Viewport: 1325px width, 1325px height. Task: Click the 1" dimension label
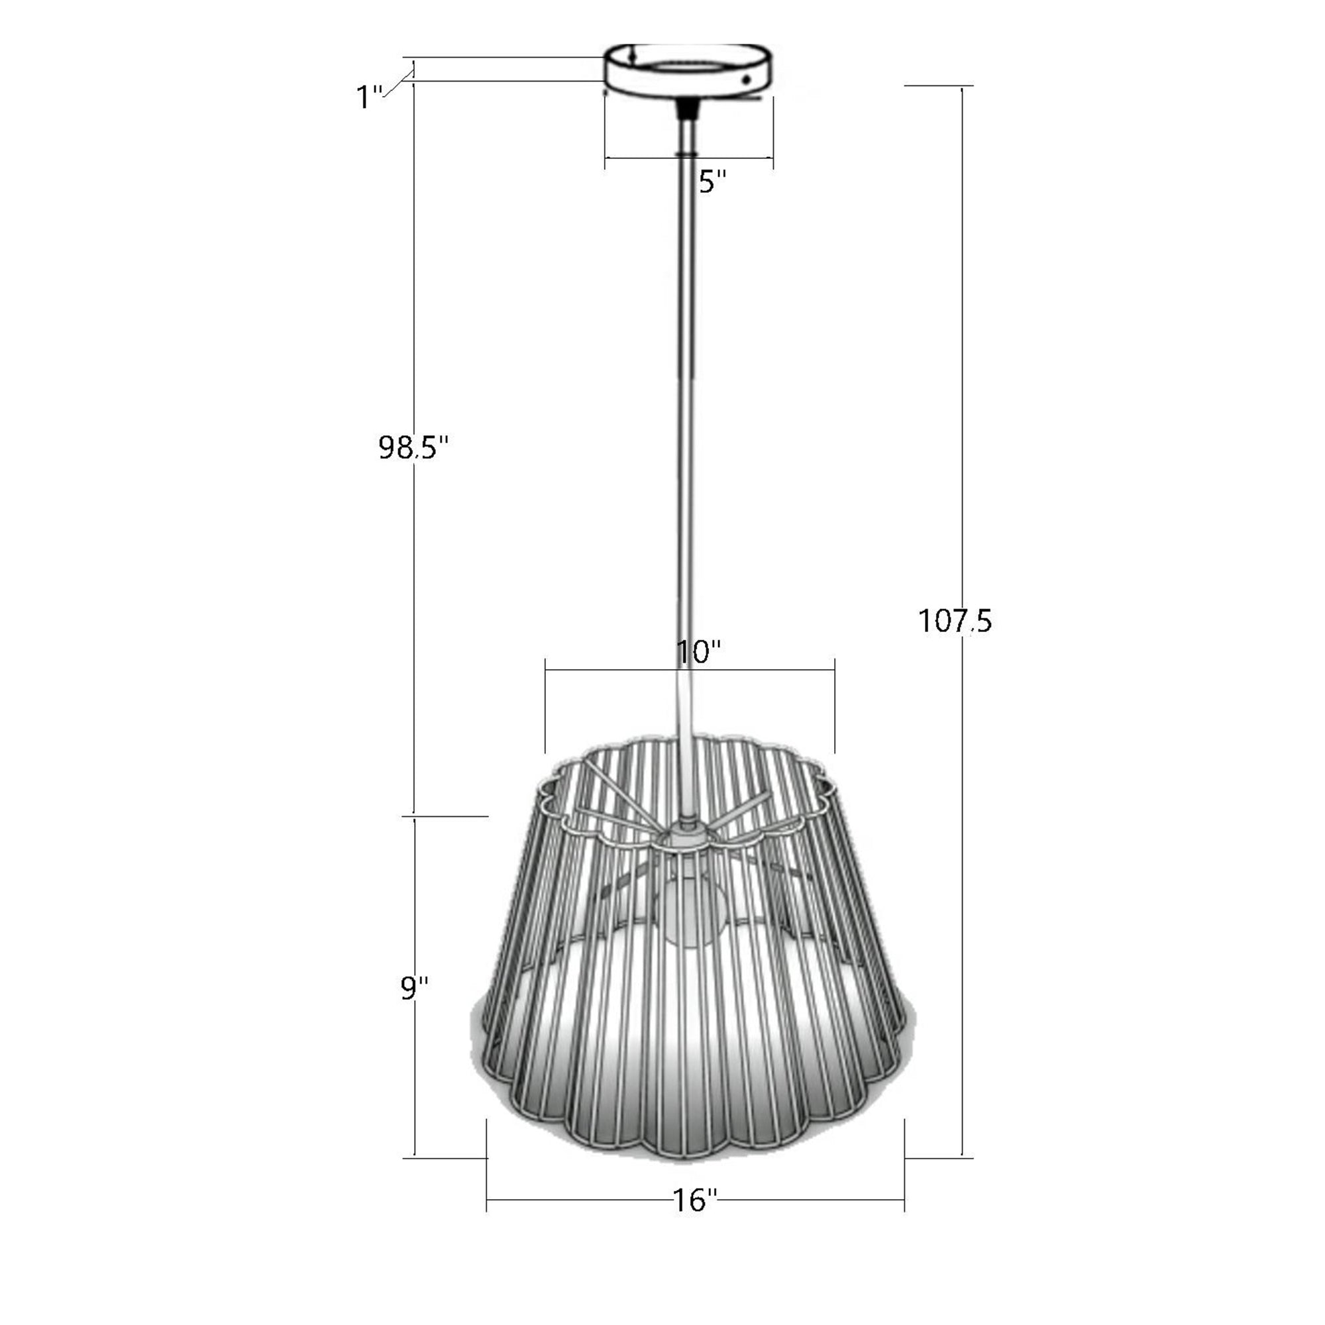point(370,97)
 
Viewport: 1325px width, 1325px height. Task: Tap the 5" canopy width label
point(712,182)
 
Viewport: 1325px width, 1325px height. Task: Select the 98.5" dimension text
point(413,448)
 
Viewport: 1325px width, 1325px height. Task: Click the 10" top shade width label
point(699,651)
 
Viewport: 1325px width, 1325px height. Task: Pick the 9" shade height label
point(415,989)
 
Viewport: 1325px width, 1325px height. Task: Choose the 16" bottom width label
point(695,1200)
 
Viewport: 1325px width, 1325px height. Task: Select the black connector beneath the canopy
point(686,109)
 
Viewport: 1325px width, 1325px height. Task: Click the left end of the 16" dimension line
point(487,1200)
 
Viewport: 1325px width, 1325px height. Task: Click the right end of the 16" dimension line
point(904,1200)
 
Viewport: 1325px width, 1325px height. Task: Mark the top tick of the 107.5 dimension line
point(961,86)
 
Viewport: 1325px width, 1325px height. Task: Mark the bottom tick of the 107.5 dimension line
point(961,1158)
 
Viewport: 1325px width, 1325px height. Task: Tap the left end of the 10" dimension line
point(546,669)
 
